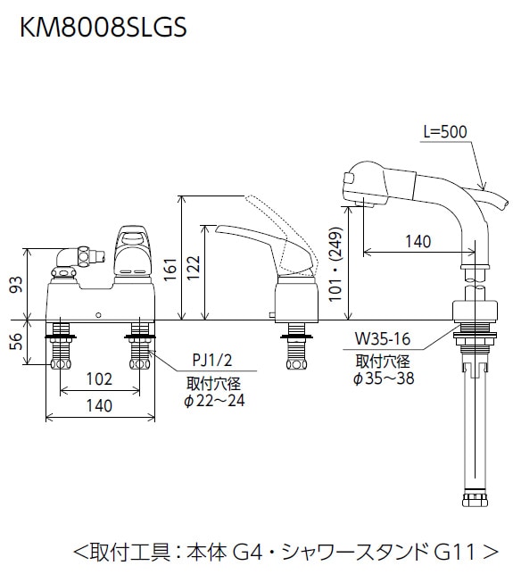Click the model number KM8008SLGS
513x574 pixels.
[103, 28]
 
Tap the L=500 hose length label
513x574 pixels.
[445, 132]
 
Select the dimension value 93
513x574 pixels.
[17, 285]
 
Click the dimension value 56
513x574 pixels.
[17, 341]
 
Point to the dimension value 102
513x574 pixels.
[99, 379]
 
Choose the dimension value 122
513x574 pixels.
[194, 268]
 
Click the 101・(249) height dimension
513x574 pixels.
[335, 264]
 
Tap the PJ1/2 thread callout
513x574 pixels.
[212, 361]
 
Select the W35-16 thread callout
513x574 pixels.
[383, 339]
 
